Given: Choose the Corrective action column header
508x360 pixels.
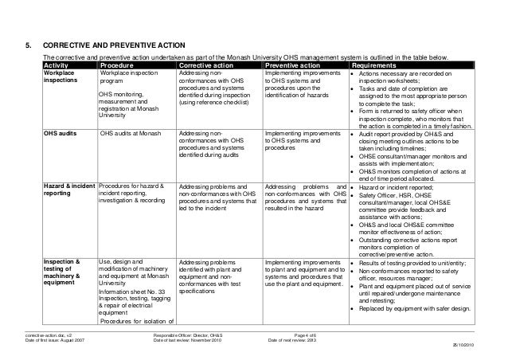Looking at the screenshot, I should coord(213,65).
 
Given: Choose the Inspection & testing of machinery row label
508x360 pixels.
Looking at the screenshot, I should coord(62,273).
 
